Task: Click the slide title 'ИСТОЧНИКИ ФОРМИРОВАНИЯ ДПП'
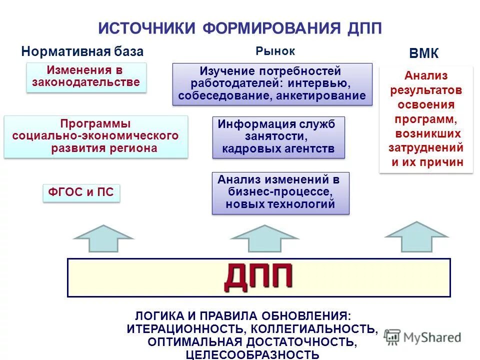tap(240, 27)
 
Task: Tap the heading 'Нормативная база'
tap(82, 51)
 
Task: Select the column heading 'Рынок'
tap(275, 51)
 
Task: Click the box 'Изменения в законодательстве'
tap(86, 76)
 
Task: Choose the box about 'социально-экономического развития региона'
tap(95, 136)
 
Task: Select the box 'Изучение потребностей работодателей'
tap(272, 83)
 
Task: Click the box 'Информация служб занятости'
tap(278, 137)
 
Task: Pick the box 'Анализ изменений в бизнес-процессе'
tap(280, 192)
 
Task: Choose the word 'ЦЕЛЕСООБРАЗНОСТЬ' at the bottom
tap(252, 354)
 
